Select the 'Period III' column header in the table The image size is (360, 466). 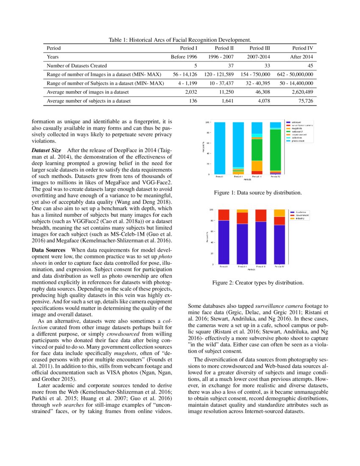(x=260, y=48)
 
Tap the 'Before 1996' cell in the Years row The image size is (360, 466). (x=184, y=57)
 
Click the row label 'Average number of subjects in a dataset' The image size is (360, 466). (x=89, y=101)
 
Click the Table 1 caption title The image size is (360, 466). (x=180, y=40)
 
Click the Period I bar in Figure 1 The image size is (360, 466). (x=220, y=148)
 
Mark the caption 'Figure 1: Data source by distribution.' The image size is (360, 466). (x=258, y=193)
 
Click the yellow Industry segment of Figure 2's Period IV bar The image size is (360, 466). (x=280, y=213)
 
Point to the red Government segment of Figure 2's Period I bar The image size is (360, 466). (x=224, y=215)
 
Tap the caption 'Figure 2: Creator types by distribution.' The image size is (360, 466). (x=258, y=282)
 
